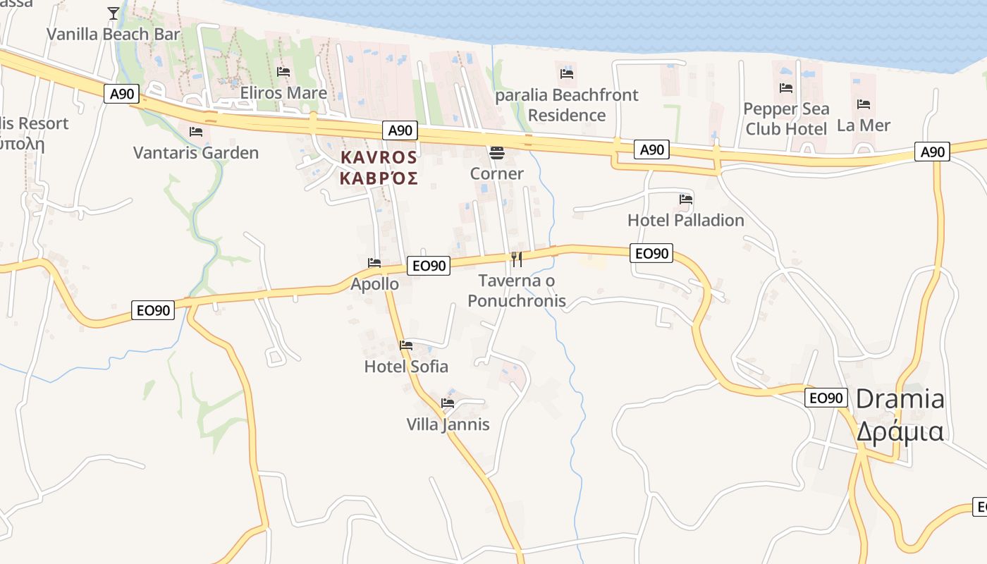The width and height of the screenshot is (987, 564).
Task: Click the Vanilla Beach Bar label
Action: [x=114, y=34]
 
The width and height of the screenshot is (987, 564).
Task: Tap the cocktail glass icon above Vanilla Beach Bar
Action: [x=114, y=13]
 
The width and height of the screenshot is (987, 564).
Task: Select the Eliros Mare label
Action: [x=283, y=93]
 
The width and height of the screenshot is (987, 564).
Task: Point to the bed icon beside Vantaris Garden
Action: [x=196, y=132]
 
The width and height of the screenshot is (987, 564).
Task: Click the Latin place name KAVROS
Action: [x=379, y=157]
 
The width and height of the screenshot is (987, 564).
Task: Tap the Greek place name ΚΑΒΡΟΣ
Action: [x=379, y=178]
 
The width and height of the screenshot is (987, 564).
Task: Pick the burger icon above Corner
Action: [x=497, y=153]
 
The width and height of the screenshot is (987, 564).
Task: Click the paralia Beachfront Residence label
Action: [x=567, y=105]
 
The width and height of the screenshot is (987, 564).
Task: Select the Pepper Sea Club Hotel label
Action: [x=786, y=118]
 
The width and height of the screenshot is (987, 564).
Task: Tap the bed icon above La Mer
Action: [x=864, y=104]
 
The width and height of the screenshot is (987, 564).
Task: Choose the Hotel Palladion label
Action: [x=685, y=220]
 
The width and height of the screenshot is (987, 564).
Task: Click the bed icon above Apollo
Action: [x=374, y=263]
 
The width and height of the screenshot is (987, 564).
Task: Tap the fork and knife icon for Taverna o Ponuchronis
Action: [x=517, y=259]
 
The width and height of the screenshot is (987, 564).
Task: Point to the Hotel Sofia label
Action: [x=406, y=367]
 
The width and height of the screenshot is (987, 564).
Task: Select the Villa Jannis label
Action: [x=448, y=424]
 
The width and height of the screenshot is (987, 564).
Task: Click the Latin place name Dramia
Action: [x=900, y=399]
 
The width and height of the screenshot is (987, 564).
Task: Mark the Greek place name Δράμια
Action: [x=900, y=430]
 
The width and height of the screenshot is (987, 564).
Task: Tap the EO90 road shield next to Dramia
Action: [x=826, y=398]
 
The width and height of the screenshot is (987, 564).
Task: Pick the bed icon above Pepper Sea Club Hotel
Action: [x=786, y=88]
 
